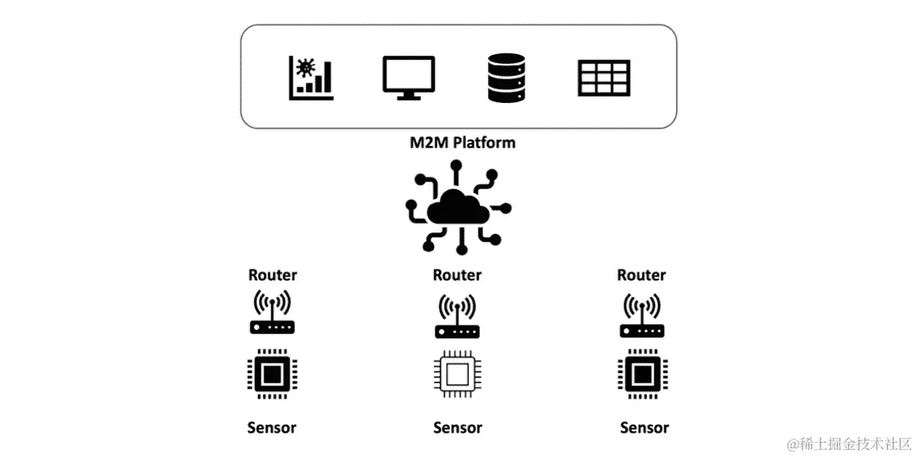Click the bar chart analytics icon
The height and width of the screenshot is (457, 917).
pyautogui.click(x=311, y=78)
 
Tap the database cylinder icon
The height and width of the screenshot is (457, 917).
pyautogui.click(x=506, y=78)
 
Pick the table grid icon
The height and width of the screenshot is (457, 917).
pyautogui.click(x=604, y=78)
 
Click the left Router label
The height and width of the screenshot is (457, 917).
pyautogui.click(x=272, y=275)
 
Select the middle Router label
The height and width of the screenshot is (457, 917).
pyautogui.click(x=457, y=275)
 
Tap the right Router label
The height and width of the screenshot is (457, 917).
pyautogui.click(x=641, y=275)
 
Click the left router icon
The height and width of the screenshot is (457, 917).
pyautogui.click(x=272, y=313)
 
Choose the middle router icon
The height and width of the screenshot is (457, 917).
pyautogui.click(x=457, y=316)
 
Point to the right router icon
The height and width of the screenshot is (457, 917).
pyautogui.click(x=642, y=315)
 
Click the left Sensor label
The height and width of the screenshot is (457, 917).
pyautogui.click(x=272, y=428)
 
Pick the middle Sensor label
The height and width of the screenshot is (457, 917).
pyautogui.click(x=457, y=428)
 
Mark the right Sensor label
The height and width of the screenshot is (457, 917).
pyautogui.click(x=644, y=428)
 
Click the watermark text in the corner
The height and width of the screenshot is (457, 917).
pyautogui.click(x=849, y=443)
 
